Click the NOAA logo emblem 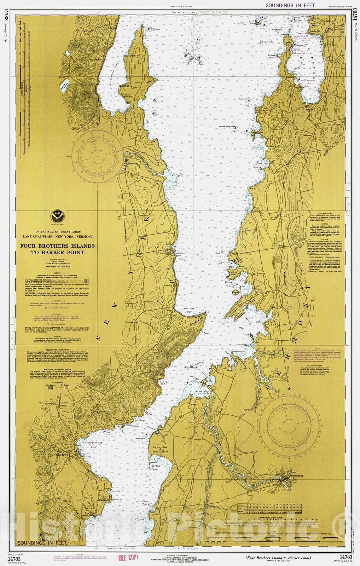pyautogui.click(x=57, y=214)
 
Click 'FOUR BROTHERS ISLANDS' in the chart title pyautogui.click(x=57, y=246)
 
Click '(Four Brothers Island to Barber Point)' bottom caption pyautogui.click(x=278, y=558)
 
